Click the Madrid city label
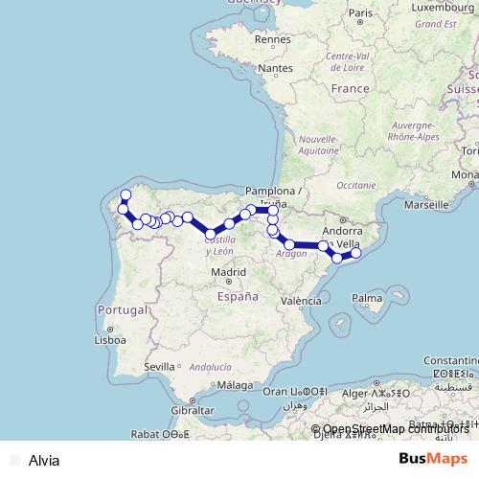tap(229, 272)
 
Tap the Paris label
tap(361, 13)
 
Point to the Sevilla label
tap(158, 366)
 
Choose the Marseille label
tap(428, 204)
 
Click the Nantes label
tap(275, 69)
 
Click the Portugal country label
tap(121, 310)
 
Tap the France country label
tap(349, 88)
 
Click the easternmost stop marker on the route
tap(355, 253)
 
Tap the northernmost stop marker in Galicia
tap(125, 195)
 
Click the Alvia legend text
tap(44, 460)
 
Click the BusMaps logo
tap(434, 459)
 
